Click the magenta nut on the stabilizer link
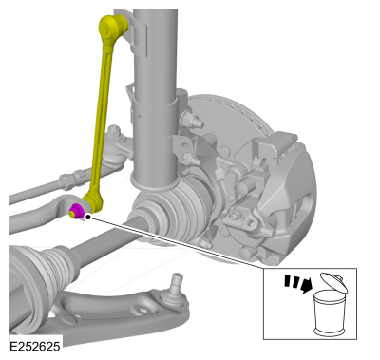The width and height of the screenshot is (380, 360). (x=76, y=211)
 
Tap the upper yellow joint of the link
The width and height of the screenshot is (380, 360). (x=113, y=27)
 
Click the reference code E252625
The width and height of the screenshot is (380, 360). (x=34, y=346)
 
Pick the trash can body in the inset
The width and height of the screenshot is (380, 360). (x=329, y=313)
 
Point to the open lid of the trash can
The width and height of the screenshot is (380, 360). (x=334, y=282)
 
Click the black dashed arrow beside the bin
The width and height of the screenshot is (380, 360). (x=298, y=283)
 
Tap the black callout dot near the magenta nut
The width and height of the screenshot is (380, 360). (x=87, y=218)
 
